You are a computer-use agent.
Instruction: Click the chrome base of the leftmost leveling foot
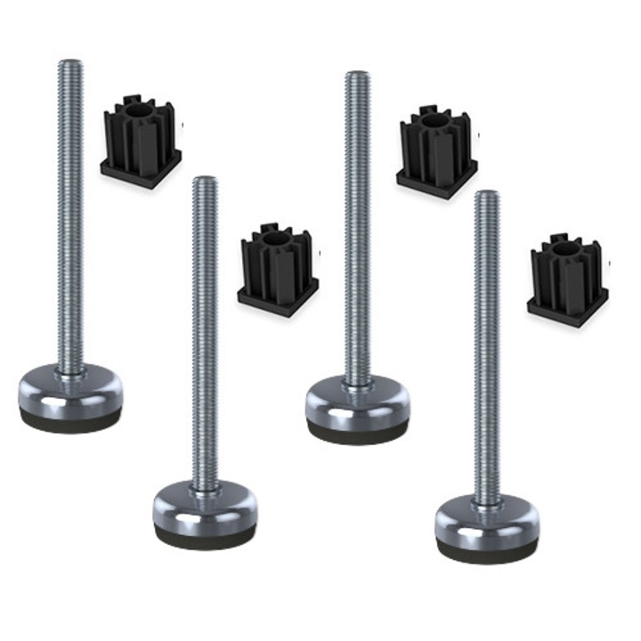70,392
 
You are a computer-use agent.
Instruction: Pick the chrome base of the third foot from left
358,402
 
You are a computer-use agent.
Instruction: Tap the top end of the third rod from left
358,76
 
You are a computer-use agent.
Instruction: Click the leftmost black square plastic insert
141,142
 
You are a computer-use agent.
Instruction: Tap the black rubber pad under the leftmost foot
70,421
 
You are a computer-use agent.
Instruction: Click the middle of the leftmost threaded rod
70,214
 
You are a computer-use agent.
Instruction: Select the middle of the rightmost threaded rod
486,347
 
